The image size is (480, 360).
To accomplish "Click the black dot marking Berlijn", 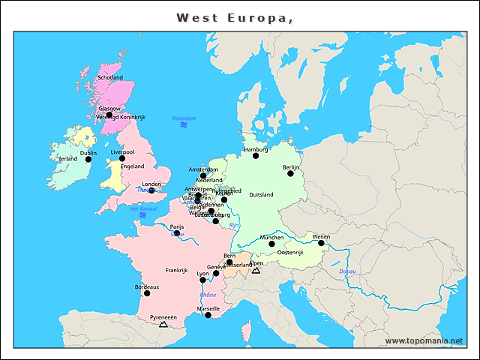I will (x=290, y=173).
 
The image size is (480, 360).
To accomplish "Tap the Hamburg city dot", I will (x=256, y=155).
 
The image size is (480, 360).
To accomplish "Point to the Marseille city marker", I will (x=208, y=315).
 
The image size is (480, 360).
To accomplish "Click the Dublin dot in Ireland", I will (x=88, y=159).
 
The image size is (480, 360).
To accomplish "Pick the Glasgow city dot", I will (x=109, y=115).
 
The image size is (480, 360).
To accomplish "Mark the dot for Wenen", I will (x=321, y=243).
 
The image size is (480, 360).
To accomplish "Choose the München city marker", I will (x=271, y=244).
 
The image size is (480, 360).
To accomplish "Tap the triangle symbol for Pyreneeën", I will (x=163, y=324).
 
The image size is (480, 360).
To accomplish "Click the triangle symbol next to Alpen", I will (x=256, y=270).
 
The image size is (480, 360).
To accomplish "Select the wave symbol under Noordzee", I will (x=183, y=125).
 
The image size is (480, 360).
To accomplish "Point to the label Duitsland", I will (x=261, y=195).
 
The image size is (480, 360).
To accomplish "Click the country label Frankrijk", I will (x=176, y=270).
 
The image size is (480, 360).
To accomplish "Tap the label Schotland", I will (x=110, y=77).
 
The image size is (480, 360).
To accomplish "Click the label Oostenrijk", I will (x=290, y=253).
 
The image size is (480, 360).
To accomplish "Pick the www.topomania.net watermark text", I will (x=424, y=341).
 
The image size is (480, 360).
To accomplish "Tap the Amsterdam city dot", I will (x=203, y=175).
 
